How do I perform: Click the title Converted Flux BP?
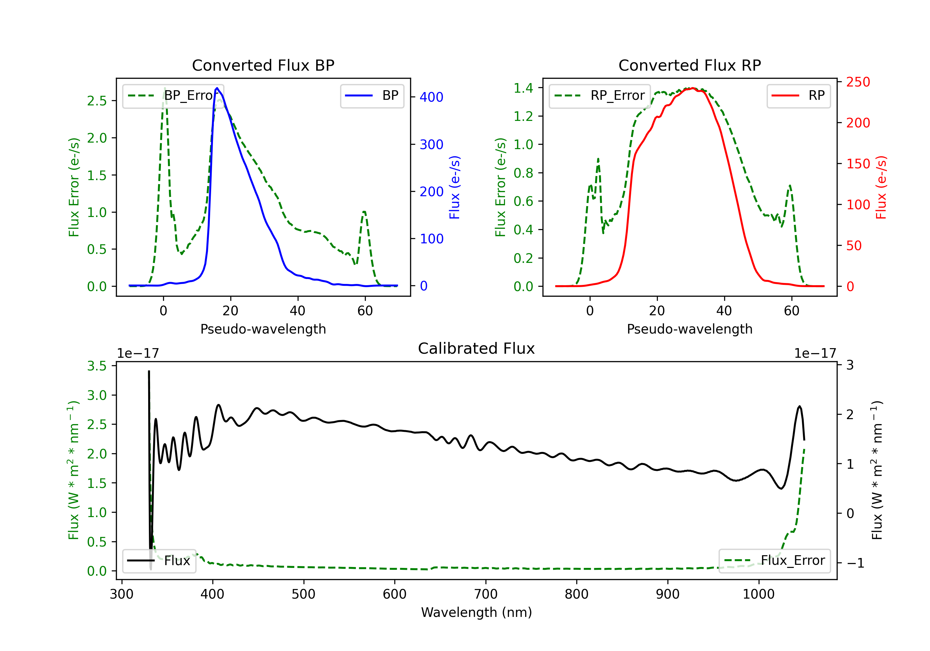[x=263, y=65]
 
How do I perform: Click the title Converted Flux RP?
[x=690, y=65]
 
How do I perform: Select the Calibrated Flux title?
[x=476, y=348]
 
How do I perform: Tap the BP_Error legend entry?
[x=173, y=95]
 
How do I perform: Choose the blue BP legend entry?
[x=372, y=95]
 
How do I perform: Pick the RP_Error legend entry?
[x=600, y=95]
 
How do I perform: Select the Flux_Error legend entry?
[x=774, y=561]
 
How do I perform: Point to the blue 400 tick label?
[x=432, y=97]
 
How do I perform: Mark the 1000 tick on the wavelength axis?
[x=759, y=594]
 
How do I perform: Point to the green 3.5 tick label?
[x=97, y=366]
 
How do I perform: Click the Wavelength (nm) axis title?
[x=476, y=612]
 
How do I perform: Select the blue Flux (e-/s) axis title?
[x=455, y=187]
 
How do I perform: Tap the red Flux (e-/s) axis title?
[x=881, y=187]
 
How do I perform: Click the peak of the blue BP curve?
[x=217, y=88]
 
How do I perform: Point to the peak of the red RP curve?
[x=692, y=88]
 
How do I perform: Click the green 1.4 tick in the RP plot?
[x=523, y=88]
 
